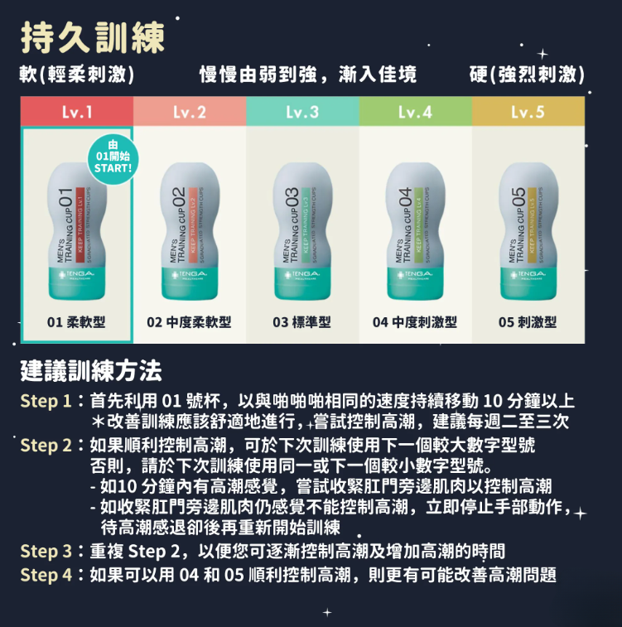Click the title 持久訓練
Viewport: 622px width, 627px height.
coord(94,36)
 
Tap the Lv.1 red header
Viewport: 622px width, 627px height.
coord(76,111)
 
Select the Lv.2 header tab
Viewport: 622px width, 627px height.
coord(190,111)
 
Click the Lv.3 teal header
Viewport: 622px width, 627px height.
coord(302,111)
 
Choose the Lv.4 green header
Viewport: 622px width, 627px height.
coord(415,111)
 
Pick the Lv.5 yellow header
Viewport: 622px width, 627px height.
coord(528,111)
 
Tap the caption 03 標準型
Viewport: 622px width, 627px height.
coord(302,322)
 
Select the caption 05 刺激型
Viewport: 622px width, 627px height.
coord(528,322)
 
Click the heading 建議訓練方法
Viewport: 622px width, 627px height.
coord(91,369)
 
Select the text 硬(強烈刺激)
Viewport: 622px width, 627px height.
coord(527,76)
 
